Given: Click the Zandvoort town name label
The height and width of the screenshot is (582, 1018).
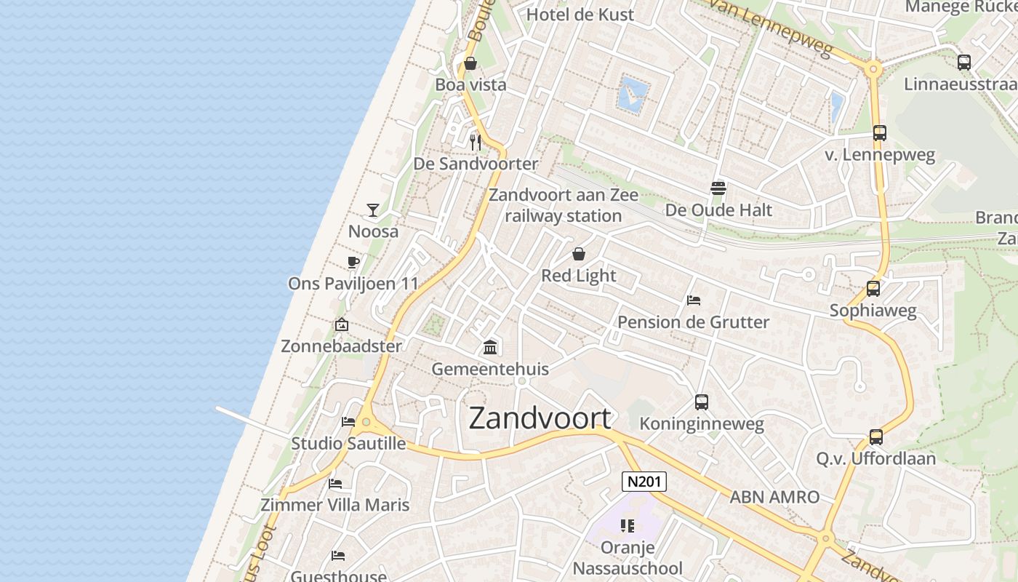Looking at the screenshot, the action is (540, 418).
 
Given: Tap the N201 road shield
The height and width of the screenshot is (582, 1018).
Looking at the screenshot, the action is (644, 482).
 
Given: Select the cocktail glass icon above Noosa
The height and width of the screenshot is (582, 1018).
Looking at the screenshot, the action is (373, 210).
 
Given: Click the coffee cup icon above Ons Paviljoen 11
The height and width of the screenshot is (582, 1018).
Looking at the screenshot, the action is (353, 262).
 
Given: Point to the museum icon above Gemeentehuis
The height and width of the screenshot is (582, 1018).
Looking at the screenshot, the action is (490, 347).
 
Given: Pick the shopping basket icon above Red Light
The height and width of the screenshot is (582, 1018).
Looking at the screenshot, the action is (579, 254).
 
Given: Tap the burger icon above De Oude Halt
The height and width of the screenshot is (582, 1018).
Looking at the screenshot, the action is (718, 188).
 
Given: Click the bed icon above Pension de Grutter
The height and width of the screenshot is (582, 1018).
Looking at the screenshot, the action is (694, 300).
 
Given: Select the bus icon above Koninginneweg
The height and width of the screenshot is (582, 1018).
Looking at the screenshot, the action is (702, 402).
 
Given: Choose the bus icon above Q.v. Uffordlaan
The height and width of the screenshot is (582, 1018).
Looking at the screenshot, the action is (876, 437).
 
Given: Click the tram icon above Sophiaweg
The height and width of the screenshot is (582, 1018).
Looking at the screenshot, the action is (873, 289).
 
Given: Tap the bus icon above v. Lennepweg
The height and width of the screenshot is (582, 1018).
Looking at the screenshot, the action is (880, 133).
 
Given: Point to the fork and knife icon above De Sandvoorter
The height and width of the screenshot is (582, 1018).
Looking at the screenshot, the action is (476, 142).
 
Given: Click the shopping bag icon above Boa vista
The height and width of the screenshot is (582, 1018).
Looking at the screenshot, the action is (470, 63).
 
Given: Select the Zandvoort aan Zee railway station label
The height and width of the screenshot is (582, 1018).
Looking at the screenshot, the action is (564, 205).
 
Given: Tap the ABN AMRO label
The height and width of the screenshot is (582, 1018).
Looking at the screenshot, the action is (774, 497).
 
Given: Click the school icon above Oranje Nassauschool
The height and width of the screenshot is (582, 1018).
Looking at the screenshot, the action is (628, 525).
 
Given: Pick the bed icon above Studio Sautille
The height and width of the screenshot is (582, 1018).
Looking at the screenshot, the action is (348, 421).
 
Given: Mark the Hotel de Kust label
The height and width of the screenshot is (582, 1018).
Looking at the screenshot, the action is (580, 14).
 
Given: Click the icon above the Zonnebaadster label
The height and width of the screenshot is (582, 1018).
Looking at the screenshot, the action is (341, 324).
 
